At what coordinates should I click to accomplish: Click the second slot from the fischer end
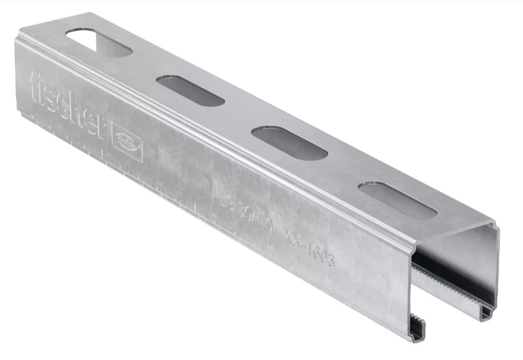click(190, 91)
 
